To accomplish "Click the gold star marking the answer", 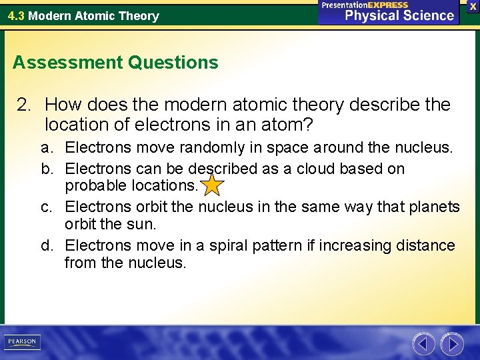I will tap(212, 185).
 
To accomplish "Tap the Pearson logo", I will tap(21, 342).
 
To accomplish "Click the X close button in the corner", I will tap(473, 6).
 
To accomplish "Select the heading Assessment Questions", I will tap(115, 63).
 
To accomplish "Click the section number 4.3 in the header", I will tap(16, 15).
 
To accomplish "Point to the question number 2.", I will tap(24, 105).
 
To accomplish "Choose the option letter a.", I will tap(46, 147).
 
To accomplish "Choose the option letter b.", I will tap(46, 169).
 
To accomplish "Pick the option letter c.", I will tap(46, 207).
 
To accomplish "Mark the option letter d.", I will tap(46, 246).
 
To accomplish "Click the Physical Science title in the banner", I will tap(399, 15).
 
